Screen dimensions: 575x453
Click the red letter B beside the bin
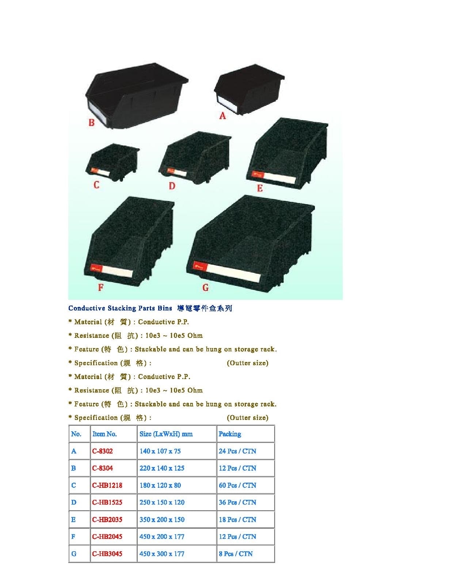(91, 122)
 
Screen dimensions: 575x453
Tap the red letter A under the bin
(222, 116)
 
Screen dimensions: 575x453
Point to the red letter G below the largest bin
(206, 287)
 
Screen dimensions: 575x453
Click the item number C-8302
(102, 451)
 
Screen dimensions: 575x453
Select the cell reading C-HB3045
(107, 553)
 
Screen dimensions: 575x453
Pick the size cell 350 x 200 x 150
(162, 520)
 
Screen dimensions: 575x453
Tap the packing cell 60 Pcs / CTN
(237, 485)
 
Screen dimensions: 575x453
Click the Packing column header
(230, 434)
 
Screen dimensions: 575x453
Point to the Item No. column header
(104, 434)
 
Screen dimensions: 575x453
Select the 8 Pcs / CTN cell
(236, 553)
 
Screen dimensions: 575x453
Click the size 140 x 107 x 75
(160, 451)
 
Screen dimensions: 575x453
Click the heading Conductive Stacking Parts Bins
(120, 308)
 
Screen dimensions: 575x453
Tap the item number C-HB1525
(107, 502)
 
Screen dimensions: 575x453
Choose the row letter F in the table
(73, 537)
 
